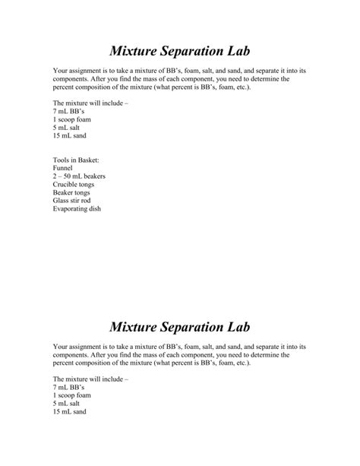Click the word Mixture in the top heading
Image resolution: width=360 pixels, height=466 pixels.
pos(137,51)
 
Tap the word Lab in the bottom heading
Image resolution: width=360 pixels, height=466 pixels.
pos(235,327)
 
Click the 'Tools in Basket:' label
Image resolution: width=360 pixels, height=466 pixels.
pos(76,160)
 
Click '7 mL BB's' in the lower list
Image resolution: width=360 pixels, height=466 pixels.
pos(69,387)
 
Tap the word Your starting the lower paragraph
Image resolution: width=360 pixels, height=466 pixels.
pos(61,347)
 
